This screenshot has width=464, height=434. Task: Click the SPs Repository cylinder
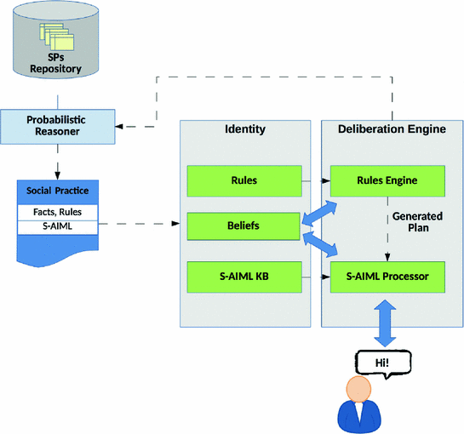pos(55,39)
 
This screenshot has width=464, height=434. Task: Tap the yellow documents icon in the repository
pos(57,37)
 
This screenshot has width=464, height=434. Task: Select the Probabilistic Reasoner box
pos(57,127)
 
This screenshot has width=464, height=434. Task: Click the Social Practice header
pos(58,191)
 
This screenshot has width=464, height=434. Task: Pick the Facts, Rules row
pos(57,212)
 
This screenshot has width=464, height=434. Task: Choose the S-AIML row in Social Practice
pos(57,227)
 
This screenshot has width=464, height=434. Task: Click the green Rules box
pos(244,180)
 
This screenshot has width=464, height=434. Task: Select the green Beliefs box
pos(243,226)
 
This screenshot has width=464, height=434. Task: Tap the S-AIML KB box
pos(244,277)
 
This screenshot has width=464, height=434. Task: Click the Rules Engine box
pos(387,180)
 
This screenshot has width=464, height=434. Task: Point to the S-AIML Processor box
pos(387,277)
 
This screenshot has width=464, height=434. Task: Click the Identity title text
pos(245,129)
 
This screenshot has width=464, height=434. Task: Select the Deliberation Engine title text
pos(392,129)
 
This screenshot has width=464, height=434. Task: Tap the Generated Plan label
pos(417,222)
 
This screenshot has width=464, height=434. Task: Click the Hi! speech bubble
pos(383,364)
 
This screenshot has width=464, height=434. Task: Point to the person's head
pos(358,389)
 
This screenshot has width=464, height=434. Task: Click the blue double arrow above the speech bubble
pos(385,323)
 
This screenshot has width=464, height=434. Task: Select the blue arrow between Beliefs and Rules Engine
pos(319,213)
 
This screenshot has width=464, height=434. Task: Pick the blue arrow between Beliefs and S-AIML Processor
pos(320,244)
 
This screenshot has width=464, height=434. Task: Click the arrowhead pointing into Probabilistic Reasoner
pos(119,127)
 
